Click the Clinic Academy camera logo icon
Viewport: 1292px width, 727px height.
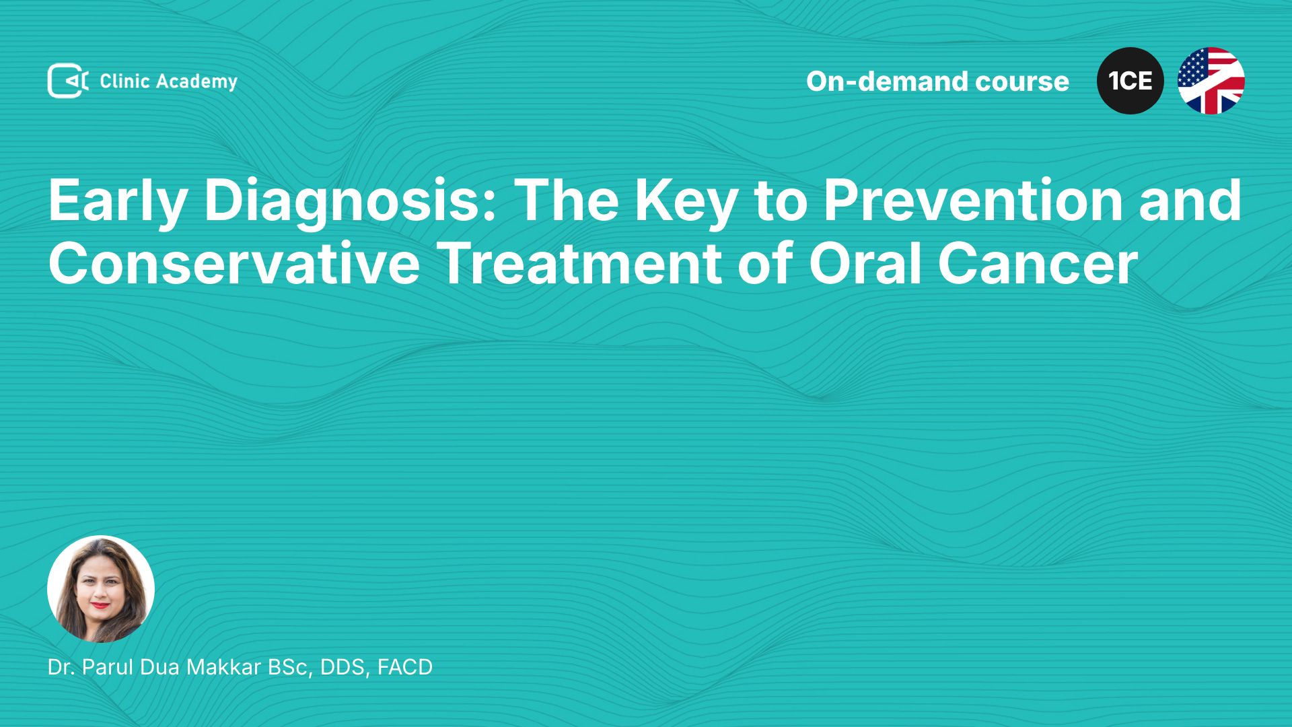pos(68,81)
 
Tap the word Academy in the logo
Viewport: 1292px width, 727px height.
pos(196,82)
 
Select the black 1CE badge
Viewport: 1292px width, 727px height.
pos(1130,81)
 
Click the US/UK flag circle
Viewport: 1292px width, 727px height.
pos(1211,81)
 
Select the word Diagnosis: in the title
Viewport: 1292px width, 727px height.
pos(350,201)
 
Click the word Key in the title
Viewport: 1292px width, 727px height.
pos(686,201)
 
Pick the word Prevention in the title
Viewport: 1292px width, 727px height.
pos(973,200)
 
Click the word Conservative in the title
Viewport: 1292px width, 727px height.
pos(234,263)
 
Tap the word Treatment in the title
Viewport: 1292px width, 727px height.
pos(580,263)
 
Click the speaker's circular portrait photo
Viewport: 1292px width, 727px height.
pos(101,589)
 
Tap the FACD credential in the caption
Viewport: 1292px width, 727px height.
pos(405,667)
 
